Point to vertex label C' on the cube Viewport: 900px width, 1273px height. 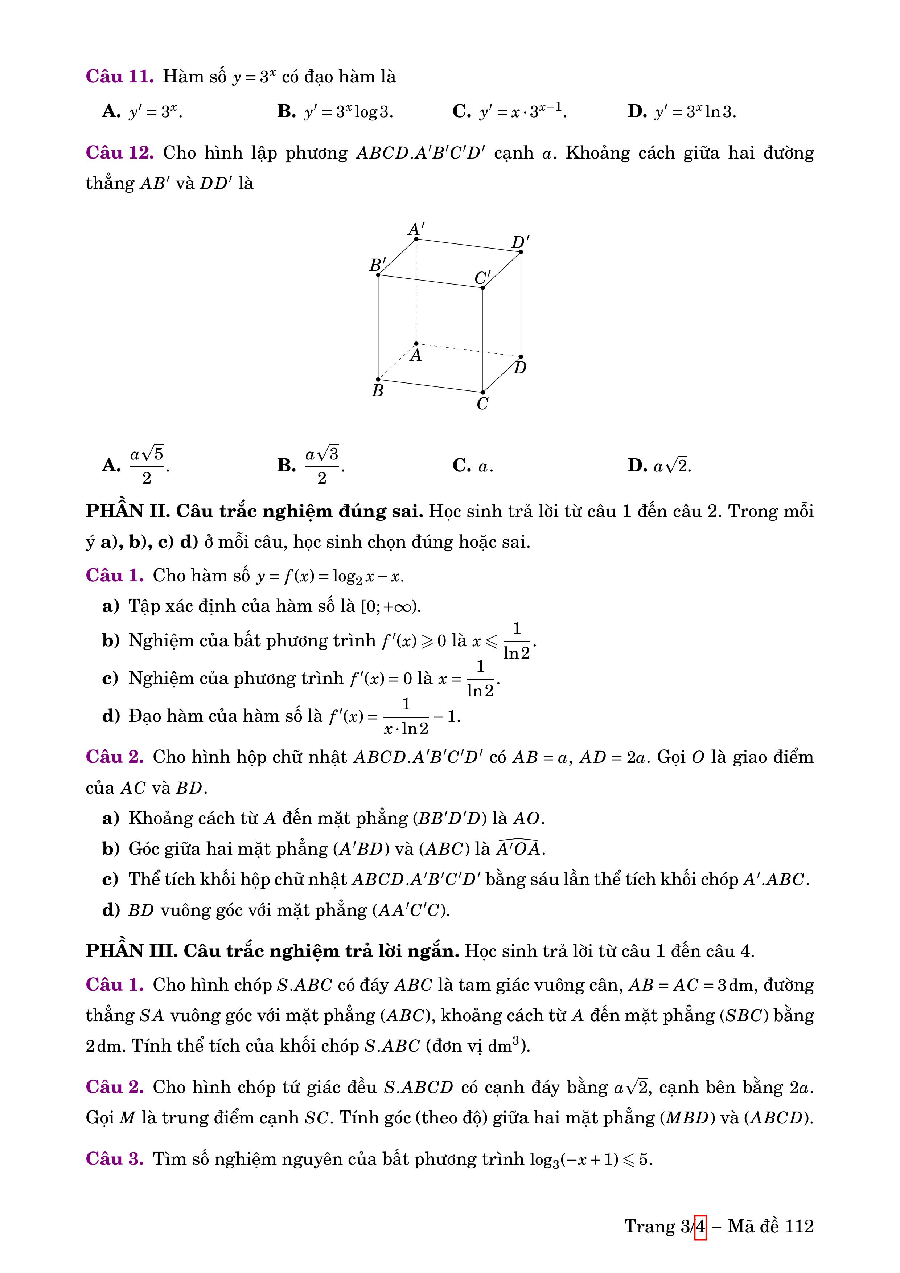(x=482, y=277)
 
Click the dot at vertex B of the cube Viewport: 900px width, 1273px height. (x=378, y=379)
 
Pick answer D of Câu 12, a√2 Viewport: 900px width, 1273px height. (x=659, y=465)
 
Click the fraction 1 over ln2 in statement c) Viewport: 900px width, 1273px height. (x=481, y=678)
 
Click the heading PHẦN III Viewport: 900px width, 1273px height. (x=131, y=951)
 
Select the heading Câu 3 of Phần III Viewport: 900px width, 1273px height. (x=115, y=1159)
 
